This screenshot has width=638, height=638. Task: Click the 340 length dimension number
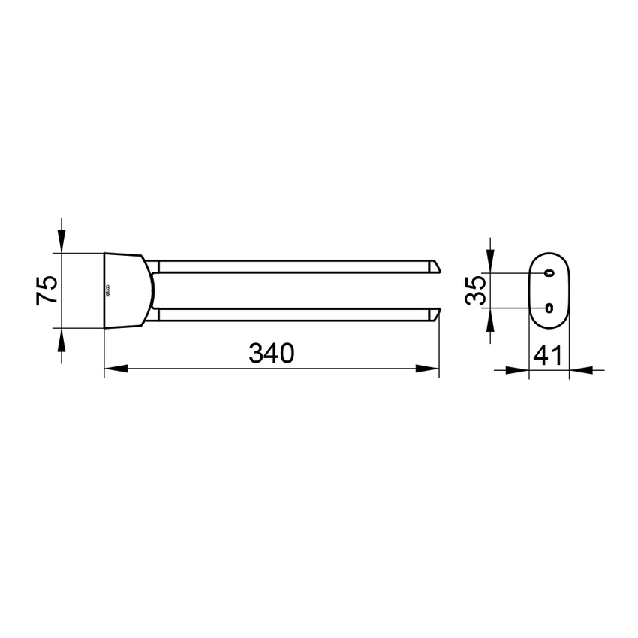(x=270, y=352)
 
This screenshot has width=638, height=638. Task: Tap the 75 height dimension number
(x=47, y=289)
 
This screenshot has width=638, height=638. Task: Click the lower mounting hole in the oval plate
(x=549, y=307)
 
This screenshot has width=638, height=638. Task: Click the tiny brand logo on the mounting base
(x=107, y=290)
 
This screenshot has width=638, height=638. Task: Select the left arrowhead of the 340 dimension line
(x=113, y=369)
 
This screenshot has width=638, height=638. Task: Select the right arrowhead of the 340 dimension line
(x=429, y=369)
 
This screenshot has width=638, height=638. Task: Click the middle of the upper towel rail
(x=293, y=265)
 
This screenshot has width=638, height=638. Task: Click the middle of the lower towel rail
(x=293, y=314)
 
